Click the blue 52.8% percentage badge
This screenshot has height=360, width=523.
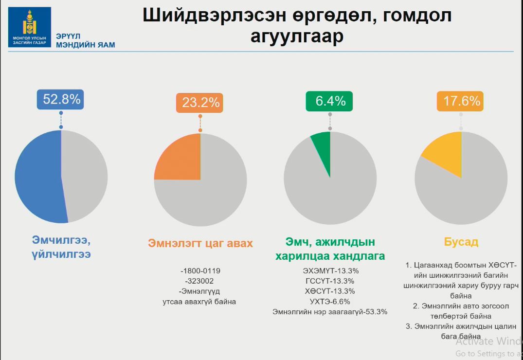point(61,99)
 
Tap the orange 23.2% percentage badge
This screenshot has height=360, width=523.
point(200,103)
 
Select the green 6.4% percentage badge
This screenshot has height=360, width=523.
point(330,101)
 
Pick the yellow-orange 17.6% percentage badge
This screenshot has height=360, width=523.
point(461,101)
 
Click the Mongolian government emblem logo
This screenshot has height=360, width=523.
point(29,27)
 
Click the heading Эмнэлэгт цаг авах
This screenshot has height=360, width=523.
point(200,243)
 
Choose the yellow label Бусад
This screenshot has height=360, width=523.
point(461,242)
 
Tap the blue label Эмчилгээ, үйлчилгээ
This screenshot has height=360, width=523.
point(61,247)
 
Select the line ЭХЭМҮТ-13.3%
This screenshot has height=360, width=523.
point(330,270)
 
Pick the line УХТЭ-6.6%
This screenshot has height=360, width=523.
point(330,302)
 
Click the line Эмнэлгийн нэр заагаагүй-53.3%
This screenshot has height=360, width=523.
point(330,312)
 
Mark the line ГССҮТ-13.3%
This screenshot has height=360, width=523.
point(330,281)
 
